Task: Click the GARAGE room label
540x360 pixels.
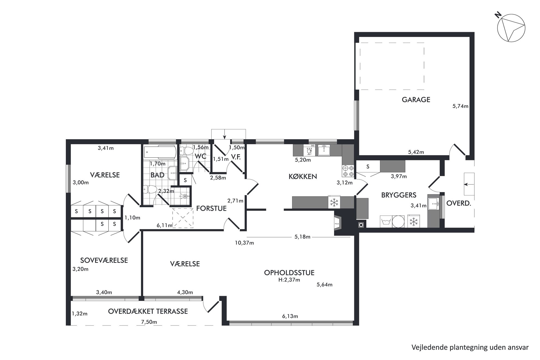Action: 416,100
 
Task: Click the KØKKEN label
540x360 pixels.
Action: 303,176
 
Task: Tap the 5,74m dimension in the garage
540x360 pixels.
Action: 460,106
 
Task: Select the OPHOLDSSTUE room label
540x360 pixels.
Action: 289,273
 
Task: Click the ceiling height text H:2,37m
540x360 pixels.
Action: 289,280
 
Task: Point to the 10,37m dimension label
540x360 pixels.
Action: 244,243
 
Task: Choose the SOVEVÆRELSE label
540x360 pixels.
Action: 104,260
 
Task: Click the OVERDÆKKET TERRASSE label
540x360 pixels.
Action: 148,311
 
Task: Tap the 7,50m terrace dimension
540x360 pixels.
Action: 149,322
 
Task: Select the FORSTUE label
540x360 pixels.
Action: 211,208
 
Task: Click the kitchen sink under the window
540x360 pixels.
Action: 324,150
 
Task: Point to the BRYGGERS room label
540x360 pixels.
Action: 399,195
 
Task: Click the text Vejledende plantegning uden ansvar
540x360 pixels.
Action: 470,347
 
